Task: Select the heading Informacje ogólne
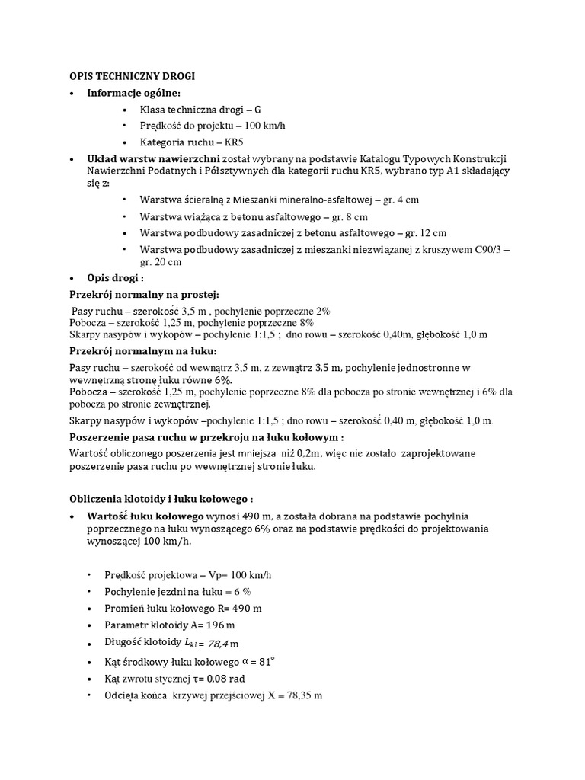click(134, 93)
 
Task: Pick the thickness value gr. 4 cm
click(402, 200)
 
